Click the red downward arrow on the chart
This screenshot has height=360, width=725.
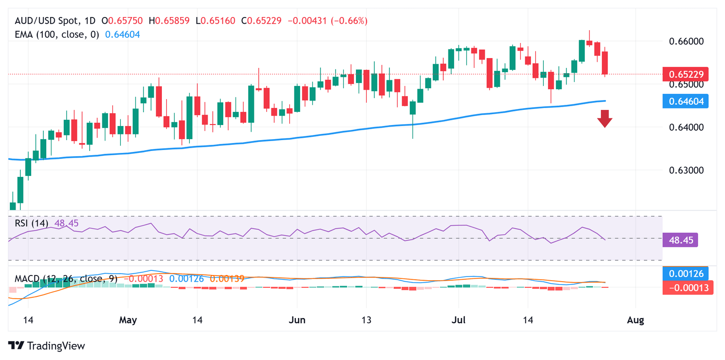click(x=605, y=118)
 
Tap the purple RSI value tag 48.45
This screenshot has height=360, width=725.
click(x=680, y=240)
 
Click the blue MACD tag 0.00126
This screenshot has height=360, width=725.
click(x=685, y=274)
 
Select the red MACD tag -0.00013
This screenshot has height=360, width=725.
click(x=685, y=287)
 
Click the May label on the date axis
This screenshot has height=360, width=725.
click(x=128, y=320)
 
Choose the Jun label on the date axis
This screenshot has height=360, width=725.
click(x=297, y=320)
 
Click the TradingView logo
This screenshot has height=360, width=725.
click(x=47, y=346)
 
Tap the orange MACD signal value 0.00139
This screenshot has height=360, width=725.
click(x=227, y=279)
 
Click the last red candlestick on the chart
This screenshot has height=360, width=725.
click(x=605, y=63)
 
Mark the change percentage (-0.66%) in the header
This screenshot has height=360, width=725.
click(x=349, y=21)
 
